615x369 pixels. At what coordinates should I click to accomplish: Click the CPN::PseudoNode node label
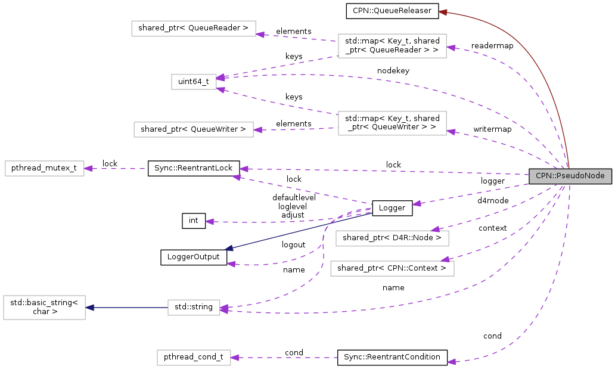(x=570, y=176)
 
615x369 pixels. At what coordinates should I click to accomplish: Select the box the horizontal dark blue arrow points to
(x=44, y=308)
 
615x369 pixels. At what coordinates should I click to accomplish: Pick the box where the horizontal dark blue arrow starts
(x=194, y=308)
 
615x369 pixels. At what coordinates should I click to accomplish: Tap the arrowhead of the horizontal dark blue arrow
(x=89, y=308)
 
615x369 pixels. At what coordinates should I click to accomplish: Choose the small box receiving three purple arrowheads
(x=194, y=82)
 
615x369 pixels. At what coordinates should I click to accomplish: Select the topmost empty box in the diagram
(x=193, y=29)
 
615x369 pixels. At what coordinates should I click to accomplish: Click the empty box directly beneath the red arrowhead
(x=392, y=46)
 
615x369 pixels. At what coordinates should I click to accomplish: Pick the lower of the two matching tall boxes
(x=392, y=123)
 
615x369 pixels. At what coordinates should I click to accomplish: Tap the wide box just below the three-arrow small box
(x=193, y=129)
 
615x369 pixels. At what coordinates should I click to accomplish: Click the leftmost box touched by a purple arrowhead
(x=44, y=168)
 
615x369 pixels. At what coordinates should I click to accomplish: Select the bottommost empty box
(x=194, y=358)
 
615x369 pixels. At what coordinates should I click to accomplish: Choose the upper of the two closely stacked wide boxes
(x=392, y=238)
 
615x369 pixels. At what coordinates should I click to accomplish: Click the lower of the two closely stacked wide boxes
(x=392, y=268)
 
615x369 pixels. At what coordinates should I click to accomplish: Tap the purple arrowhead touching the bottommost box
(x=235, y=358)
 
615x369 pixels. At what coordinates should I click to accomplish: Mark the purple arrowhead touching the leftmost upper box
(x=88, y=169)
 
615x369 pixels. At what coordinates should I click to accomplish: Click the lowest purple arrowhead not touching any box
(x=452, y=362)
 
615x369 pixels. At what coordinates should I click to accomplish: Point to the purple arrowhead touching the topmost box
(x=260, y=34)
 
